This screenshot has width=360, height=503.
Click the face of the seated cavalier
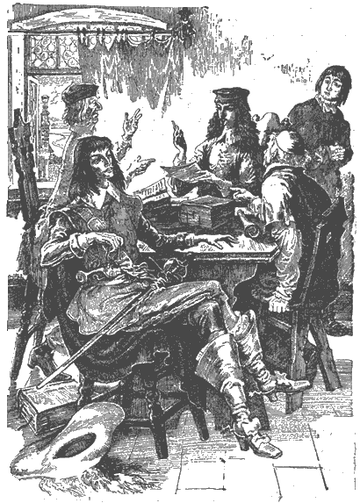click(x=102, y=170)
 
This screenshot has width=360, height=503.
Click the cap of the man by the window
click(x=82, y=92)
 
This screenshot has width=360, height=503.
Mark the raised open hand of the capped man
click(x=133, y=124)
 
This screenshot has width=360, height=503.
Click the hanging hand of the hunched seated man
click(x=278, y=304)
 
